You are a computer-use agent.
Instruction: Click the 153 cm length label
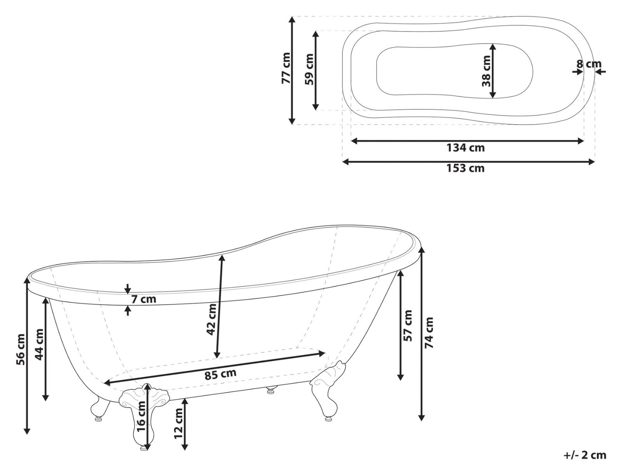tap(465, 168)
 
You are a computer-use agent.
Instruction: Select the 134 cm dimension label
tap(465, 148)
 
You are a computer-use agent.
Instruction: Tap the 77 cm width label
tap(286, 68)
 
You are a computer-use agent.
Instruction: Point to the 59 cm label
tap(309, 69)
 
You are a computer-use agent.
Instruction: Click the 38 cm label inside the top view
tap(486, 71)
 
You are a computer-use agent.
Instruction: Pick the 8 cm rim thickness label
tap(589, 64)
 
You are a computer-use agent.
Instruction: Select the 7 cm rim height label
tap(143, 299)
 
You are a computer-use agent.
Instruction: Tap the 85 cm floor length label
tap(220, 374)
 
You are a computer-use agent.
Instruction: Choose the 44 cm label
tap(39, 344)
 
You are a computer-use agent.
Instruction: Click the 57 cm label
tap(407, 325)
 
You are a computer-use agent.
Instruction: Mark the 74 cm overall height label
tap(429, 333)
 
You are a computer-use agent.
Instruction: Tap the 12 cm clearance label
tap(178, 424)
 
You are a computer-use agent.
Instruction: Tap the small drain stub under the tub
tap(271, 390)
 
